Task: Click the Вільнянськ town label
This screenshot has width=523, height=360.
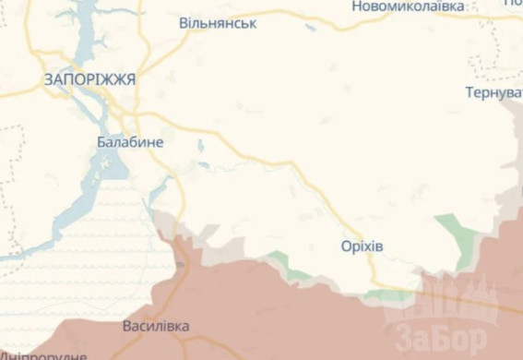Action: (x=218, y=22)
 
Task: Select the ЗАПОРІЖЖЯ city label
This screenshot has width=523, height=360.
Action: (x=89, y=80)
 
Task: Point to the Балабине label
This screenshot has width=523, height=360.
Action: (x=130, y=142)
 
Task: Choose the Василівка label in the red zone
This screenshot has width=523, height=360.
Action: (x=156, y=327)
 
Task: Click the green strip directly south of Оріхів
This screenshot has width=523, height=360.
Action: (x=383, y=295)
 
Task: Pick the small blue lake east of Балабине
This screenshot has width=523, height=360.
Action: (x=200, y=145)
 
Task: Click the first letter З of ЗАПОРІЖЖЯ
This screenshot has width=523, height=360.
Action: (x=48, y=80)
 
